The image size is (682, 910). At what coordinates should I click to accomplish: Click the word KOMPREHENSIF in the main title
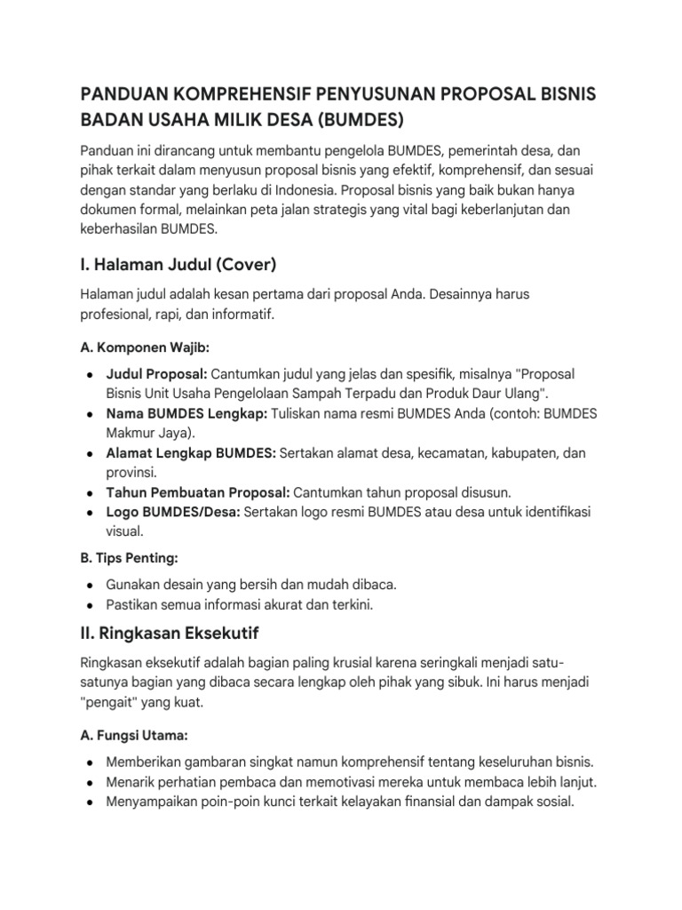pyautogui.click(x=246, y=93)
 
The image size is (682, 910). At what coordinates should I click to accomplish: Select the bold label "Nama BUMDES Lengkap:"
pyautogui.click(x=186, y=415)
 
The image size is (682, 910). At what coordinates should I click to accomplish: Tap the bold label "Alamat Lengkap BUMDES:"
pyautogui.click(x=191, y=453)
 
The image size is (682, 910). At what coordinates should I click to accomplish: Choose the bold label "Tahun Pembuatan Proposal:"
pyautogui.click(x=197, y=492)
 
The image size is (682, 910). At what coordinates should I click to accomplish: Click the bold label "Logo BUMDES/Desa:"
pyautogui.click(x=172, y=513)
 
